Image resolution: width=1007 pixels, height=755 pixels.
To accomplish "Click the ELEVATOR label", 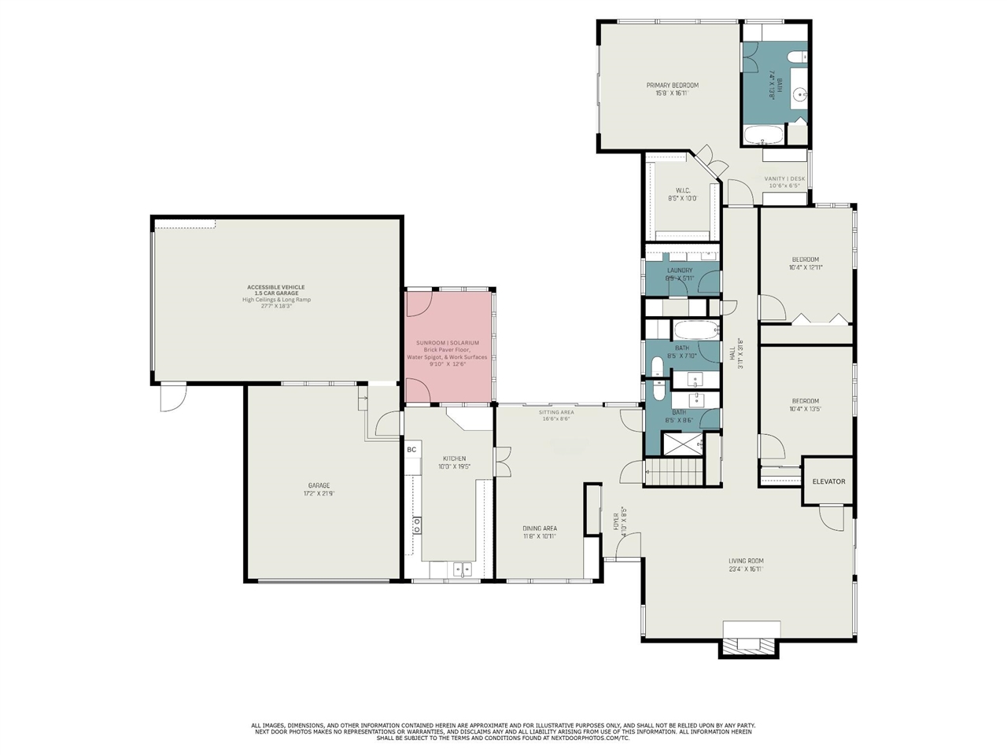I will pos(828,481).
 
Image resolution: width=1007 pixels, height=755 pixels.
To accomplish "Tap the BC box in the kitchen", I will pos(411,450).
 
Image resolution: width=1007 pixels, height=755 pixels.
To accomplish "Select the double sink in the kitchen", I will pos(462,568).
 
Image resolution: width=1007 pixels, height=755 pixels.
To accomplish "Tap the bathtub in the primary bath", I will pos(762,134).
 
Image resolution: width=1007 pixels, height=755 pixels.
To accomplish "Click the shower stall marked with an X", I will pos(682,444).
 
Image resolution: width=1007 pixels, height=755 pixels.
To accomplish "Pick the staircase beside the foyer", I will pos(673,473).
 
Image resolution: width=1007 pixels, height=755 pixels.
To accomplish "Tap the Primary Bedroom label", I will pos(672,85).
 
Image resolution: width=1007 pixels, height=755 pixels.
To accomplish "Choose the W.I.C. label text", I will pos(682,190).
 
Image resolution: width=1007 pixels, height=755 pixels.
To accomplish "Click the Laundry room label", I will pos(679,270).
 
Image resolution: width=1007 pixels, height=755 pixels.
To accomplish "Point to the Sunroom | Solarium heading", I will pos(447,343).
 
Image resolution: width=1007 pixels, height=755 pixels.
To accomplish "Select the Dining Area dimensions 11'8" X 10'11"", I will pos(539,536).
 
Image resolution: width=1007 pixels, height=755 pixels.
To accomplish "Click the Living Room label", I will pos(745,561).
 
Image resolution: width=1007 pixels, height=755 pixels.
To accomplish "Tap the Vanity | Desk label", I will pos(784,179).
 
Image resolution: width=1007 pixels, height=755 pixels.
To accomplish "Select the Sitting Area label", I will pos(555,412).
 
